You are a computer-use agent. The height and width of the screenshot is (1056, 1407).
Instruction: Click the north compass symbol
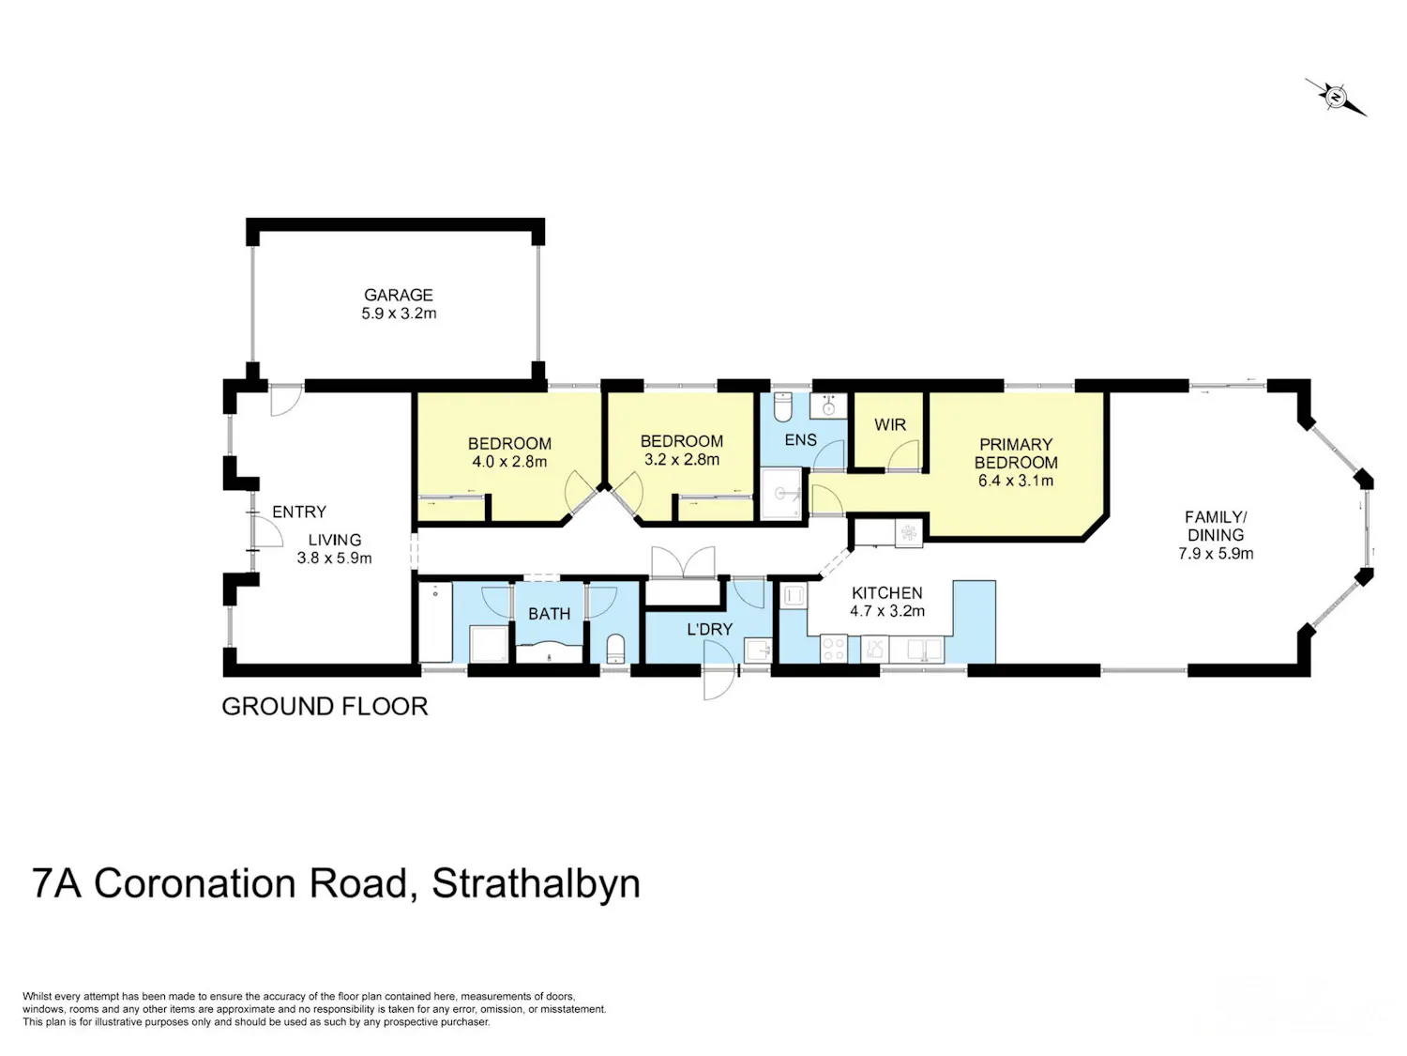(1336, 98)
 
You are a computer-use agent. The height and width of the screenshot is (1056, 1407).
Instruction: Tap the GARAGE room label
(398, 295)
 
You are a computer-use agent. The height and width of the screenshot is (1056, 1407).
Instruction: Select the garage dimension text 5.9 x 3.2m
(399, 314)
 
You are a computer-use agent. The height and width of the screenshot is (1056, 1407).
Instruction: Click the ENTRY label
(299, 512)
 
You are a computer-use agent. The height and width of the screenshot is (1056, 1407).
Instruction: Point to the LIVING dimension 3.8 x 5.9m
(334, 558)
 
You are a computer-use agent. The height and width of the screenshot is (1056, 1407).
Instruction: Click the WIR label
(890, 424)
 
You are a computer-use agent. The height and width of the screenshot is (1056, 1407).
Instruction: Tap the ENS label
(801, 440)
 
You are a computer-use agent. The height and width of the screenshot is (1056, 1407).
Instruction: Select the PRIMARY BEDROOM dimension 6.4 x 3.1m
(1015, 481)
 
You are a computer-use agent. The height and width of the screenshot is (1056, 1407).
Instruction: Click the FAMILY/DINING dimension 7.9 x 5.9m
(1216, 553)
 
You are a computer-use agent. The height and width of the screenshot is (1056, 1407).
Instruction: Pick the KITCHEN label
(886, 593)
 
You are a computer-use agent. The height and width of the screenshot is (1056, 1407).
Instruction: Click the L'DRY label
(709, 629)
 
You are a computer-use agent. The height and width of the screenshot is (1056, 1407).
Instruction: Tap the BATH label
(550, 614)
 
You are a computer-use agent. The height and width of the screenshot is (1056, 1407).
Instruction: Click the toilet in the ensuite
(782, 406)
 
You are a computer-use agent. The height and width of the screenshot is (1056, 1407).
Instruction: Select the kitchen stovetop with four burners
(833, 649)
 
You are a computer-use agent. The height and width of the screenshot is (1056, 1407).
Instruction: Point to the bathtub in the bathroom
(435, 622)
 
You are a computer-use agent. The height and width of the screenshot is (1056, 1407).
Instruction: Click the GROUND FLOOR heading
(325, 706)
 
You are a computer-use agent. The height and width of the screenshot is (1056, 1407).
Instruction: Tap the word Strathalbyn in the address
(536, 883)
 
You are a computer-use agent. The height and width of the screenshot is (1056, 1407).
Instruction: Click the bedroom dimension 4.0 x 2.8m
(509, 462)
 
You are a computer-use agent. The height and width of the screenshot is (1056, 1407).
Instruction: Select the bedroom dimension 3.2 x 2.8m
(681, 459)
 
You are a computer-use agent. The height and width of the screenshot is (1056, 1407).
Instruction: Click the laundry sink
(758, 650)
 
